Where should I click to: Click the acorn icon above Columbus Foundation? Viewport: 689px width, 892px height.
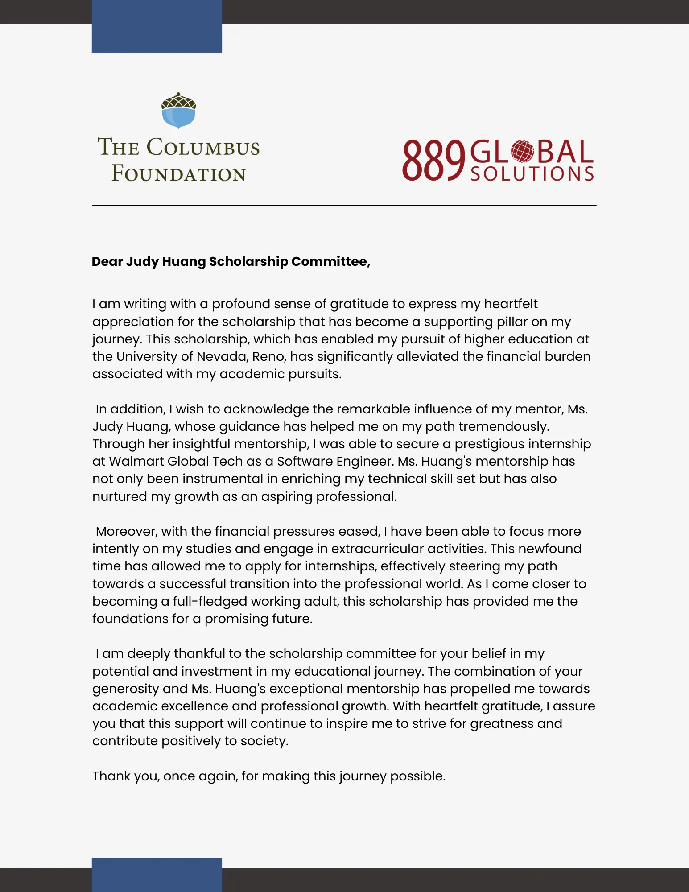[x=178, y=111]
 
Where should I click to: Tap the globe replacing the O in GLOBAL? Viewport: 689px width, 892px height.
[x=522, y=151]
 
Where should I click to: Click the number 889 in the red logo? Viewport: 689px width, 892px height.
[x=433, y=161]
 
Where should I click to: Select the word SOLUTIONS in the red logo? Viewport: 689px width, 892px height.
[x=532, y=174]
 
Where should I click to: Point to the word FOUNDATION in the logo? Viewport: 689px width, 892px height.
[x=178, y=173]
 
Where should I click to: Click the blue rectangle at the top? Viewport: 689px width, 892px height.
[x=157, y=27]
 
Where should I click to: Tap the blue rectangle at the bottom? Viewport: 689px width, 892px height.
[x=157, y=874]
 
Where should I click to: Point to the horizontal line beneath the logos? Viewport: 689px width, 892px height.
[x=344, y=205]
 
